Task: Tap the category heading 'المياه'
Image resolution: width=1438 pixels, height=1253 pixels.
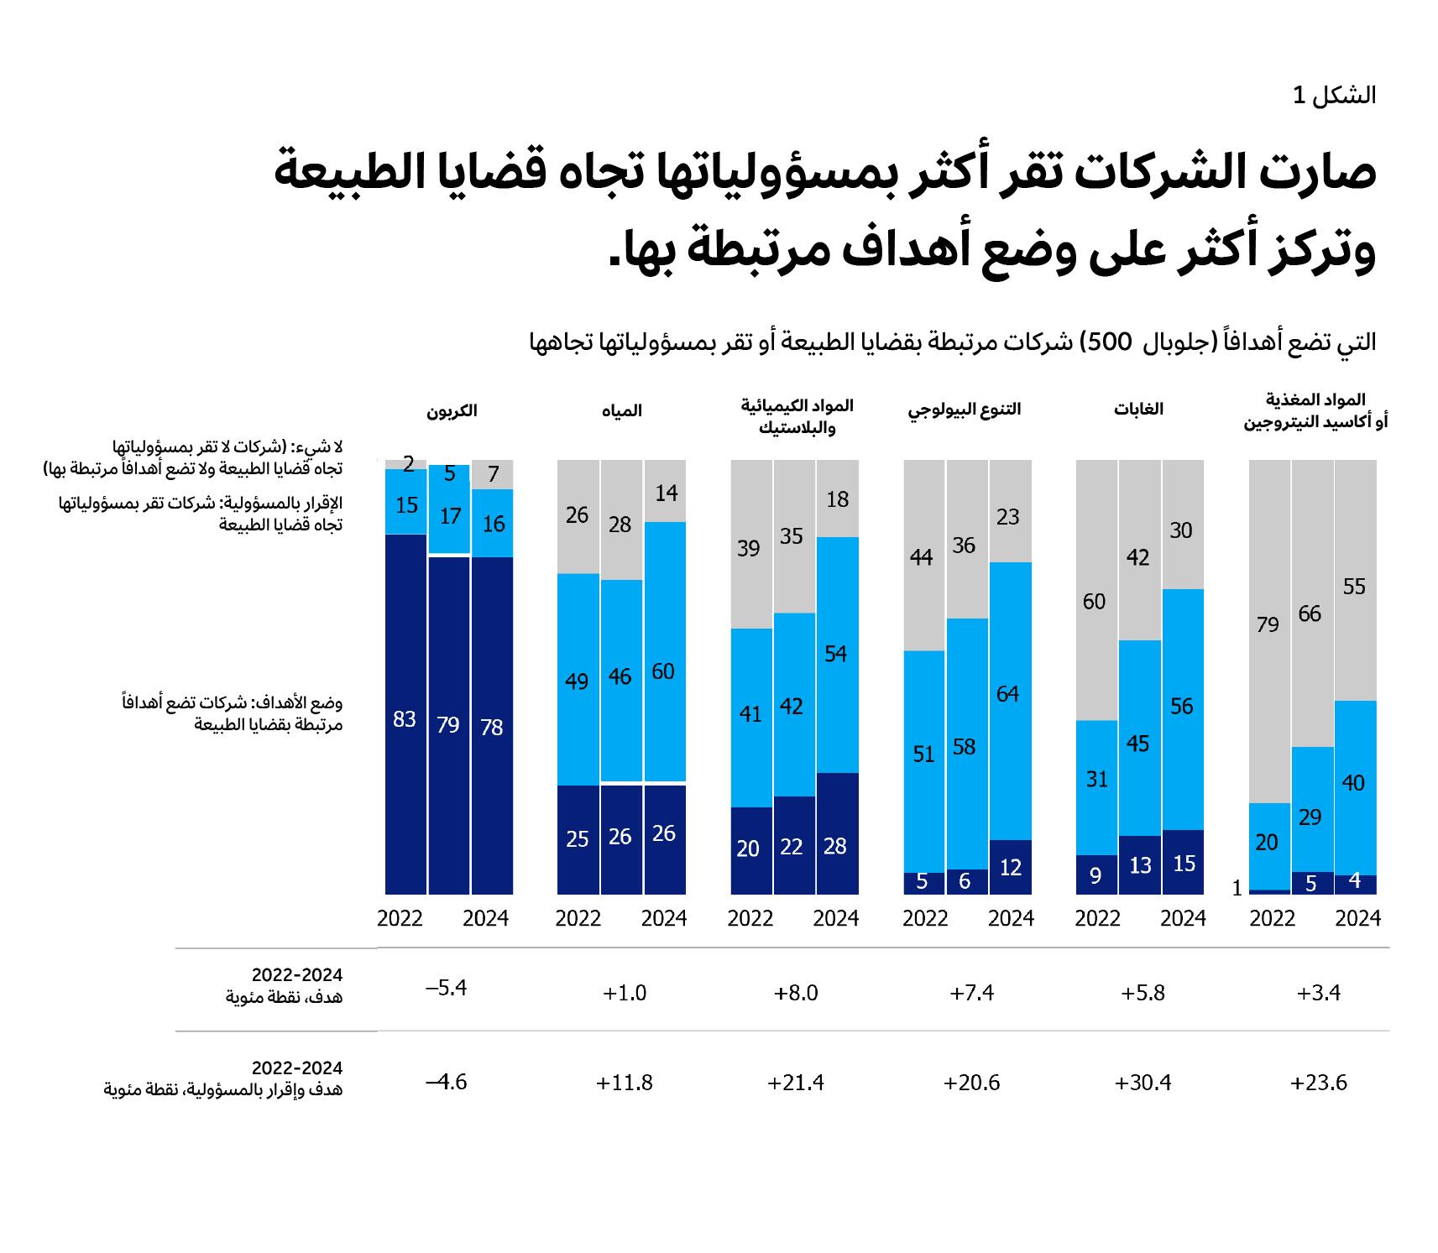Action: click(x=621, y=410)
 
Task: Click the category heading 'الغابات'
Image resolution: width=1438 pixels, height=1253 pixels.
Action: click(x=1138, y=410)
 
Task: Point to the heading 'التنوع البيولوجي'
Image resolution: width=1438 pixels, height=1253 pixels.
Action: click(x=965, y=410)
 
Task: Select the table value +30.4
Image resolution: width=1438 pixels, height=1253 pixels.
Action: click(x=1143, y=1083)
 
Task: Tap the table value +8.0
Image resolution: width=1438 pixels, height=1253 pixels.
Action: click(x=795, y=993)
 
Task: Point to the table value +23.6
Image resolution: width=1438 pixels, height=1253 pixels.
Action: click(x=1318, y=1083)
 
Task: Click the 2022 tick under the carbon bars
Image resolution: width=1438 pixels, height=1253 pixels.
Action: click(x=400, y=918)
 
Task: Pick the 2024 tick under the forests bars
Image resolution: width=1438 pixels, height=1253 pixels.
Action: click(x=1183, y=918)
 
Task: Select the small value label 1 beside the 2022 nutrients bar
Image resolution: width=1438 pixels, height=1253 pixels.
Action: click(x=1237, y=888)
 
